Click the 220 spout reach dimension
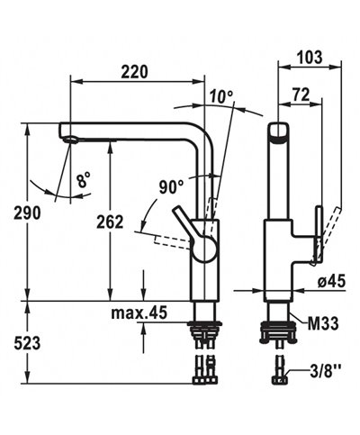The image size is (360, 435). pyautogui.click(x=134, y=72)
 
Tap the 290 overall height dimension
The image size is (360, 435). pyautogui.click(x=27, y=213)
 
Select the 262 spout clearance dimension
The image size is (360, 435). pyautogui.click(x=110, y=222)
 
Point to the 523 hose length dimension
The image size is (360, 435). pyautogui.click(x=27, y=343)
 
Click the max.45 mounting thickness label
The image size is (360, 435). pyautogui.click(x=139, y=313)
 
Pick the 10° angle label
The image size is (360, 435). pyautogui.click(x=221, y=96)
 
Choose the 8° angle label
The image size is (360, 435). pyautogui.click(x=83, y=180)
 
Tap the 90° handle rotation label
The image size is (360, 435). pyautogui.click(x=171, y=187)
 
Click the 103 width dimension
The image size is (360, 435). pyautogui.click(x=310, y=57)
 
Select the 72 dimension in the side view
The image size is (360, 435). pyautogui.click(x=301, y=95)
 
